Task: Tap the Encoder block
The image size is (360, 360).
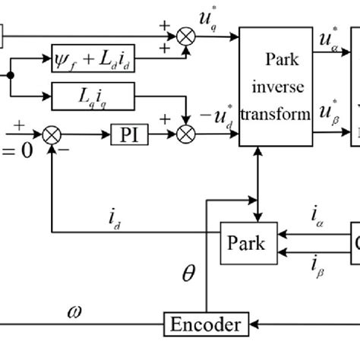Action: click(x=205, y=326)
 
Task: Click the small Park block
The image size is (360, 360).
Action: click(x=246, y=243)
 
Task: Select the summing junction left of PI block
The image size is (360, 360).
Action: click(x=52, y=135)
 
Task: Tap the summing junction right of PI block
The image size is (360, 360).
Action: click(x=185, y=135)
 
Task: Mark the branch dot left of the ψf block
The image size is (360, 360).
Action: click(x=11, y=75)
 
